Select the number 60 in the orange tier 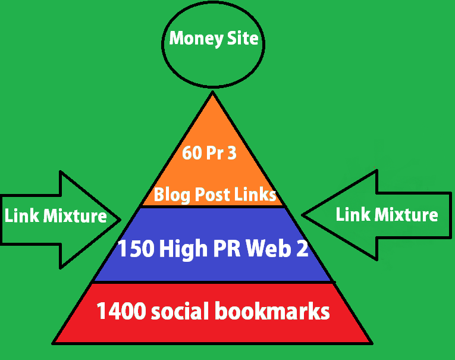click(192, 154)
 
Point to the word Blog click(169, 194)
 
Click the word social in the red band click(179, 311)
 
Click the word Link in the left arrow click(20, 216)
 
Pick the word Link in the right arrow click(352, 214)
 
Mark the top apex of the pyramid click(212, 90)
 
